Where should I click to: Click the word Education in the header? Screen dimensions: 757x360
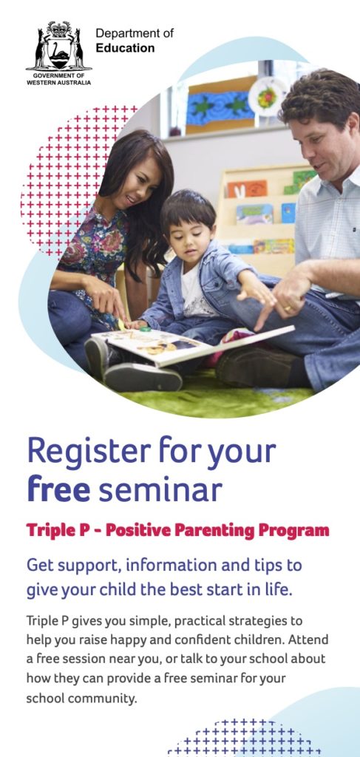coord(125,48)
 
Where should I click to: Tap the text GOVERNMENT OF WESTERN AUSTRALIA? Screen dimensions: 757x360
coord(58,79)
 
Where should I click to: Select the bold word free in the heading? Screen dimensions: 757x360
coord(58,489)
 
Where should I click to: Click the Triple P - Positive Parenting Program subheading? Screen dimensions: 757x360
coord(177,530)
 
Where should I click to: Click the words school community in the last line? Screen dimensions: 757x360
coord(81,698)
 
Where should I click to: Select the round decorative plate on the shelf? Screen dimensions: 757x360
coord(267,97)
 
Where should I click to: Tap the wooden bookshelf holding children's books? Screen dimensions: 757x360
coord(259,214)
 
